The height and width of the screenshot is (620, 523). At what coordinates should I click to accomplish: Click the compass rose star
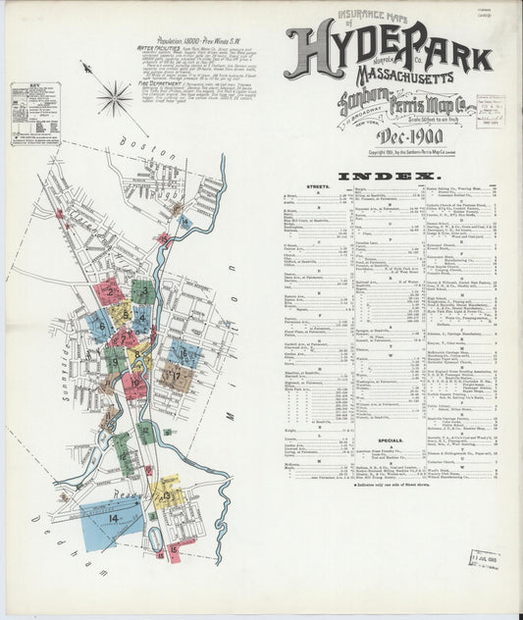(x=114, y=97)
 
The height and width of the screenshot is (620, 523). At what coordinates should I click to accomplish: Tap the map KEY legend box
(x=34, y=114)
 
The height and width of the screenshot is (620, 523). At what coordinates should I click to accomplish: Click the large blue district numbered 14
(x=110, y=520)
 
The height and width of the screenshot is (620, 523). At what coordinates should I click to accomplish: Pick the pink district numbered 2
(x=110, y=290)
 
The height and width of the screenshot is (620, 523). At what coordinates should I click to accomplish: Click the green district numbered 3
(x=143, y=290)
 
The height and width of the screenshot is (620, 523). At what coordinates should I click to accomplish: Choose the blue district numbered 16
(x=184, y=352)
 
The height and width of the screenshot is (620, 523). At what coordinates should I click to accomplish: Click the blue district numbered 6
(x=100, y=325)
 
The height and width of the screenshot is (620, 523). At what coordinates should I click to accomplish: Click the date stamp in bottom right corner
(x=484, y=559)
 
